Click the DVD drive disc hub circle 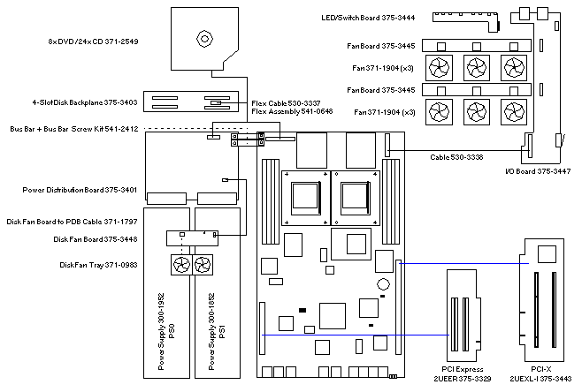(x=204, y=39)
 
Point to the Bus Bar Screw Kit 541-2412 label (x=74, y=129)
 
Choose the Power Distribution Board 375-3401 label (x=80, y=190)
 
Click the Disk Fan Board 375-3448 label (x=96, y=238)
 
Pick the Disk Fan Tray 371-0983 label (x=98, y=264)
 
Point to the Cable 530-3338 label (x=457, y=156)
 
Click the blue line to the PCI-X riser (x=460, y=262)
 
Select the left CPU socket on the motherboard (x=301, y=194)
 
